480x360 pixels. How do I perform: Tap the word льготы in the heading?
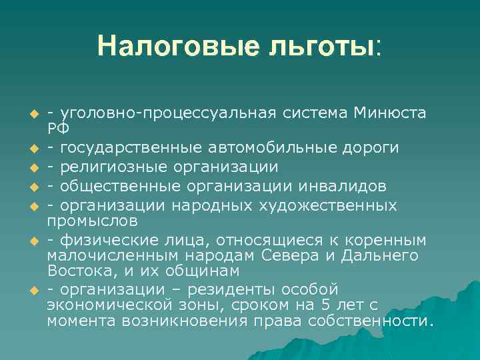[x=309, y=46]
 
